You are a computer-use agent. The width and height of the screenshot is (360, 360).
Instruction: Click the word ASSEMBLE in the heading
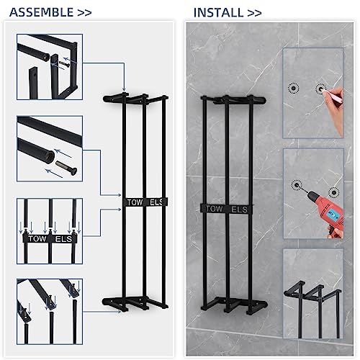(x=41, y=12)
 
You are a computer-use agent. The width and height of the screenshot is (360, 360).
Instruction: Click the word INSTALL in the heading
(x=218, y=13)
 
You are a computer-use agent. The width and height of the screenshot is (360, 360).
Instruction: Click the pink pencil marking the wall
(x=333, y=94)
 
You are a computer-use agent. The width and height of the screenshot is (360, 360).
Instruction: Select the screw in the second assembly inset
(x=66, y=167)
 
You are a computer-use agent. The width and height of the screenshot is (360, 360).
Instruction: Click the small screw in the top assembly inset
(x=64, y=64)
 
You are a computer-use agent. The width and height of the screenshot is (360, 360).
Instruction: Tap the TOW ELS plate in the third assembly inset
(x=50, y=238)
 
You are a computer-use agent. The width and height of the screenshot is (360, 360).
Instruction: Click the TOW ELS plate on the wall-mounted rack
(x=227, y=209)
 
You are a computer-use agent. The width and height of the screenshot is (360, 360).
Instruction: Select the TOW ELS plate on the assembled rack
(x=145, y=202)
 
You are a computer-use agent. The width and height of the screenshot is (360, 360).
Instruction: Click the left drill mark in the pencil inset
(x=294, y=89)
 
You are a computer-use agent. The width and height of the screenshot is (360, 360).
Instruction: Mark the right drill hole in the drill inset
(x=333, y=192)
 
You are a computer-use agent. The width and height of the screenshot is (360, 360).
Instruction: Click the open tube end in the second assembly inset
(x=50, y=157)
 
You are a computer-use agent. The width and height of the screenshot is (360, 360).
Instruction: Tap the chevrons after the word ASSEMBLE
(x=84, y=13)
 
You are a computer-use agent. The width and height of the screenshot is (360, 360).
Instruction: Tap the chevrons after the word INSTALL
(x=254, y=13)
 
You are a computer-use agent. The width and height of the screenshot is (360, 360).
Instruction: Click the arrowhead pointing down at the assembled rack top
(x=124, y=89)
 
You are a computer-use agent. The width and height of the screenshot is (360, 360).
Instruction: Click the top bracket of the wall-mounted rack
(x=233, y=99)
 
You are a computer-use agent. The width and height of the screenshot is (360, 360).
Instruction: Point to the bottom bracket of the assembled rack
(x=135, y=304)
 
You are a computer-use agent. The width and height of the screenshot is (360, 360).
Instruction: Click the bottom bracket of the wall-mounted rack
(x=234, y=305)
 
